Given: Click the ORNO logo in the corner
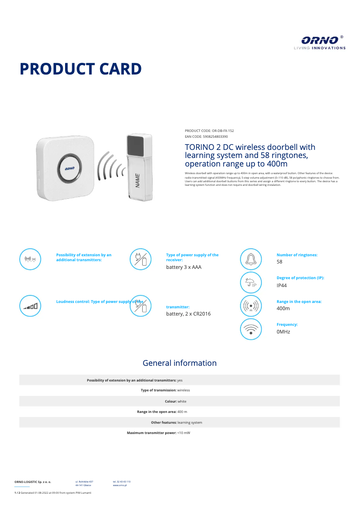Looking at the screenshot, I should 320,42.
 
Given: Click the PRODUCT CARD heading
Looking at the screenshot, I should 81,69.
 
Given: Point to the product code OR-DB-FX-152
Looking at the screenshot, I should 223,131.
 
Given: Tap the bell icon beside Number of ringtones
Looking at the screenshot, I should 250,259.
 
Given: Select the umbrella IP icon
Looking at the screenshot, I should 250,282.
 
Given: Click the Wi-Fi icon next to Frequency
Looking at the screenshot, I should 250,329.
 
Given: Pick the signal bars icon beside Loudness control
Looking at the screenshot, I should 31,306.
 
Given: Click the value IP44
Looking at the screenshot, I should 282,285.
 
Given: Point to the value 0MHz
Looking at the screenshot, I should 283,332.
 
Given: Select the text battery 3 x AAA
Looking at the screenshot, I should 184,267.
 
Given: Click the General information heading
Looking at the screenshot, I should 180,363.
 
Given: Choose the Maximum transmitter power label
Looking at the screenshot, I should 151,433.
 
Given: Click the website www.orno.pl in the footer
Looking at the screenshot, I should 119,485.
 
